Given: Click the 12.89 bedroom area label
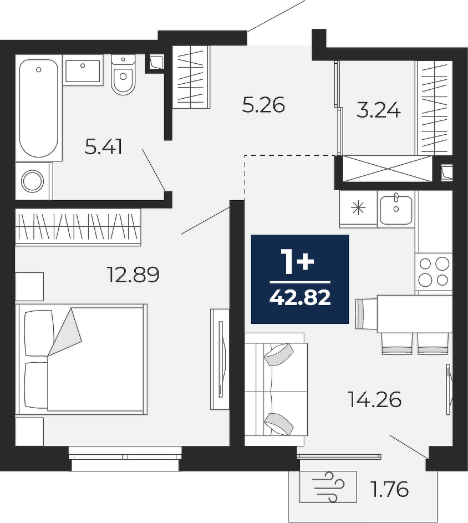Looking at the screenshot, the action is (x=133, y=275).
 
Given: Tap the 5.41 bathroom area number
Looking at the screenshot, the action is (x=103, y=147).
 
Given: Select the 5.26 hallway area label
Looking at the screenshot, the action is (x=263, y=105).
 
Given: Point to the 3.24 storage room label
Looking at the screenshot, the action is (x=378, y=110).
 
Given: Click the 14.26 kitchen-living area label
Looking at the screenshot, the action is (x=374, y=399).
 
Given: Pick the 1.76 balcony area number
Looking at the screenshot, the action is (x=390, y=490).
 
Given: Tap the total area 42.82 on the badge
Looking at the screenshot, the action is (x=300, y=298).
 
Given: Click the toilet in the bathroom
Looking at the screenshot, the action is (x=123, y=75).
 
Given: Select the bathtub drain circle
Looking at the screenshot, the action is (x=39, y=70).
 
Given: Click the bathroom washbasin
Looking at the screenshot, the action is (x=83, y=70).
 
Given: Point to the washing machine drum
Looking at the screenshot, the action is (x=32, y=181).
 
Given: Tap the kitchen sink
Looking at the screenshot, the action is (x=396, y=210).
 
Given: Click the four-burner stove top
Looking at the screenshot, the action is (x=434, y=272).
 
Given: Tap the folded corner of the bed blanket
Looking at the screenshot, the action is (x=65, y=332).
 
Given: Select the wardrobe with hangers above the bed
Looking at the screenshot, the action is (x=78, y=227).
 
